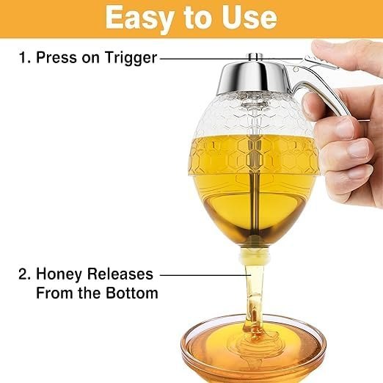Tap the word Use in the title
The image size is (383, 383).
pyautogui.click(x=252, y=18)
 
